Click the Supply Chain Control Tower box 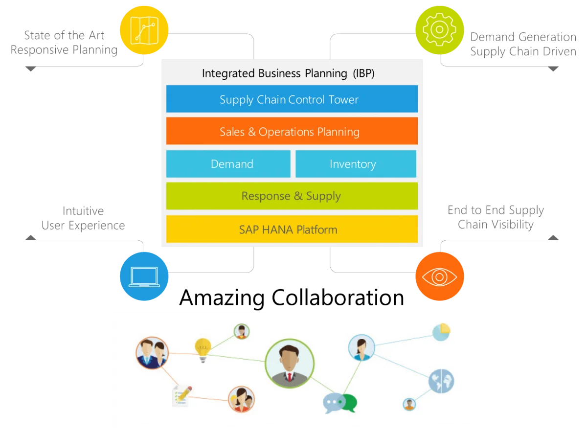click(x=292, y=99)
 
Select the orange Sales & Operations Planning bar click(x=292, y=131)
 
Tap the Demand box click(x=228, y=164)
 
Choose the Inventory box click(x=356, y=164)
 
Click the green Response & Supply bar click(x=292, y=196)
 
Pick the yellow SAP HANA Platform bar click(x=292, y=229)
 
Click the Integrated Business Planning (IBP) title click(x=288, y=73)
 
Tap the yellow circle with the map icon click(x=144, y=29)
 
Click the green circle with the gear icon click(x=439, y=29)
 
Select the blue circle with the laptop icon click(x=144, y=276)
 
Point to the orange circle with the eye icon click(x=439, y=277)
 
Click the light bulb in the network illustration click(x=203, y=349)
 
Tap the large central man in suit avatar click(x=290, y=364)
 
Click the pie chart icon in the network click(x=441, y=332)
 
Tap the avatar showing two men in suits click(x=152, y=352)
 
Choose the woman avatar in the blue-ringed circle click(x=361, y=348)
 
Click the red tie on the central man click(x=290, y=377)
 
